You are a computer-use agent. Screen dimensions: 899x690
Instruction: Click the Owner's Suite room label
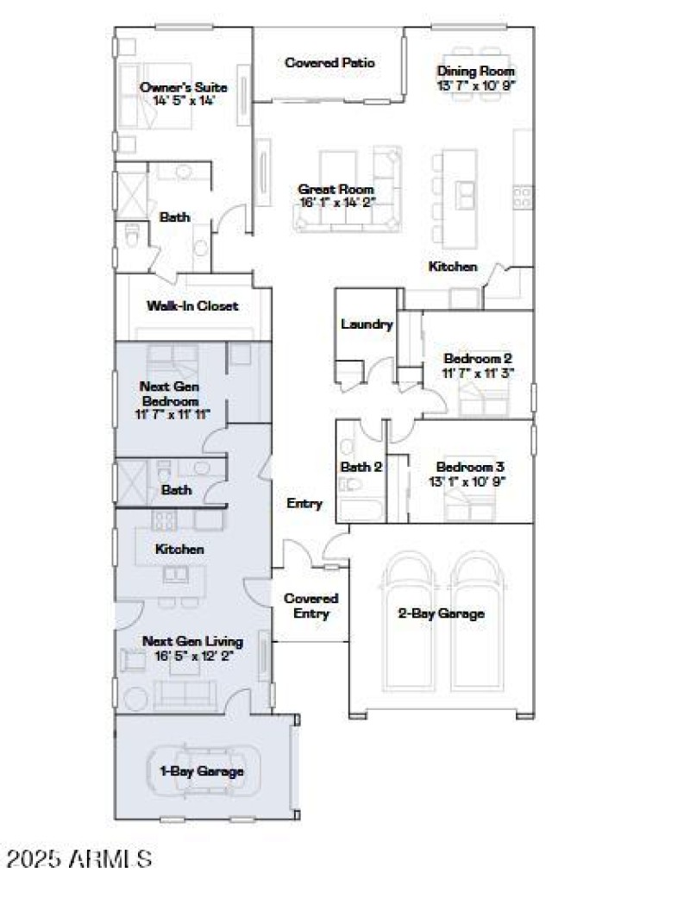(184, 87)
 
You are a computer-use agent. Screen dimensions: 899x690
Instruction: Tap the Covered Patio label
(329, 63)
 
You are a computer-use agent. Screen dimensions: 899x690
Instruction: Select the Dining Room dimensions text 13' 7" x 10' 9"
(476, 85)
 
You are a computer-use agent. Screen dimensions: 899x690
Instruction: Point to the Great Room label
(336, 189)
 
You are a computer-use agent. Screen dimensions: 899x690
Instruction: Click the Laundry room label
(367, 324)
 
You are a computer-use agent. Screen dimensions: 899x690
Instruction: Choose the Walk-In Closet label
(191, 305)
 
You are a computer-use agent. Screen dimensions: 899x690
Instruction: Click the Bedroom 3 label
(470, 467)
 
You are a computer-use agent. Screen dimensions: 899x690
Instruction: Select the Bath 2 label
(361, 467)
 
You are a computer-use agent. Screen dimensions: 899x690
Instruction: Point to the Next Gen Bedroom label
(170, 394)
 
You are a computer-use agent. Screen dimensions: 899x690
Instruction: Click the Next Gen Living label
(192, 641)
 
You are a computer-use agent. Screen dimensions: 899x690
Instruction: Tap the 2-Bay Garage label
(441, 613)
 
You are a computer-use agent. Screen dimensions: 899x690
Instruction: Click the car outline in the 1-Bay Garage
(200, 770)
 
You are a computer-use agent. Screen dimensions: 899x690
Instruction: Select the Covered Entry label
(310, 606)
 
